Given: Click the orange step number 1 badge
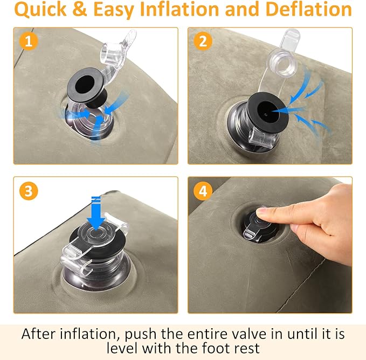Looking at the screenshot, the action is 29,41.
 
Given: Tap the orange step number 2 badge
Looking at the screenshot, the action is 203,41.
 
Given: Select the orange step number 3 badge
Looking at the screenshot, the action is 29,191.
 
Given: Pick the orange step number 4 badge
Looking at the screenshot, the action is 203,191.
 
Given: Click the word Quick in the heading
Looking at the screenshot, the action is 40,10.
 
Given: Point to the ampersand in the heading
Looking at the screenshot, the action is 80,9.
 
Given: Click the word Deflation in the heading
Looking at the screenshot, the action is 308,9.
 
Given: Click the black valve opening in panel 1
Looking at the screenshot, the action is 85,84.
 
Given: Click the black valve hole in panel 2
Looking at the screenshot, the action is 268,112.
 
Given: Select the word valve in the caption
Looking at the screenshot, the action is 247,334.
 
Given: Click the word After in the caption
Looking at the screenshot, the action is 39,334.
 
